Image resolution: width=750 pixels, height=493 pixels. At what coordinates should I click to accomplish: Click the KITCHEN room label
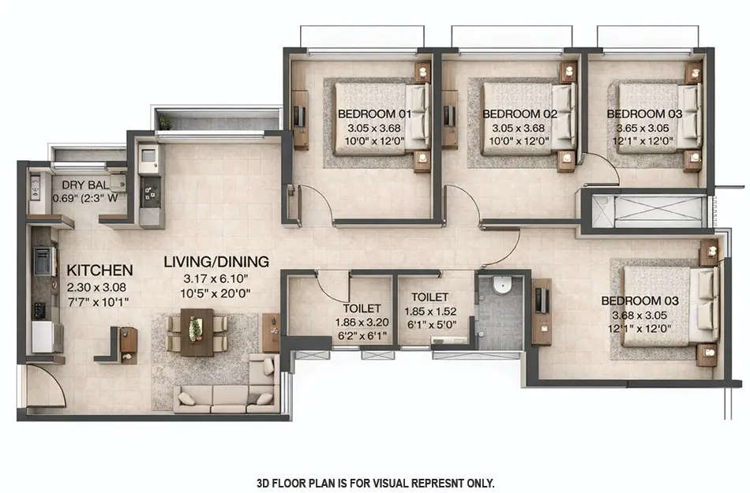click(x=99, y=270)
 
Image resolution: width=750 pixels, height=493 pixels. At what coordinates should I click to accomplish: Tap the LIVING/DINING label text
click(x=216, y=261)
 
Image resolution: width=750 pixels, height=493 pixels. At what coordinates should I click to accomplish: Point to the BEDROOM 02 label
click(x=519, y=114)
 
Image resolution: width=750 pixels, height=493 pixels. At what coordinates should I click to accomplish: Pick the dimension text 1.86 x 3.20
click(x=362, y=322)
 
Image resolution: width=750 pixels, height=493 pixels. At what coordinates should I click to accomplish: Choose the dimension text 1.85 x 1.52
click(x=429, y=311)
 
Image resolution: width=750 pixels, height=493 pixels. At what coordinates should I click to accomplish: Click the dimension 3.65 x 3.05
click(x=639, y=128)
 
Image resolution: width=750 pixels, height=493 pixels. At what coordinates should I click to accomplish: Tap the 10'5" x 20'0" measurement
click(x=216, y=292)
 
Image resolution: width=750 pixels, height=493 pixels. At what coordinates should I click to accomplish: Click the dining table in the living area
click(x=196, y=331)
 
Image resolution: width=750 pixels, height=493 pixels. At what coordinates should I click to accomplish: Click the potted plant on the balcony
click(x=164, y=122)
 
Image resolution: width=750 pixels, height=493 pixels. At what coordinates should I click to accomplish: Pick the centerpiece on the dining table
click(x=195, y=329)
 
